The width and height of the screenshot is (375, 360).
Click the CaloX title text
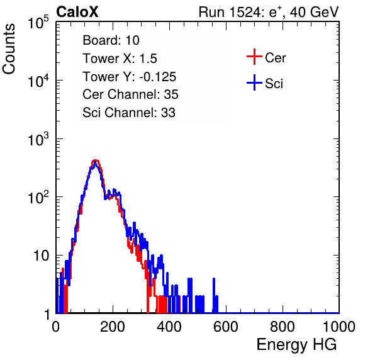pos(77,12)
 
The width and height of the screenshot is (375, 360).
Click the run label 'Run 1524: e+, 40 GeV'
pos(269,12)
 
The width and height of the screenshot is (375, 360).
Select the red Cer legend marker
pos(254,57)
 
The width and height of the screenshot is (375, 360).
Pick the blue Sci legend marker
pos(254,83)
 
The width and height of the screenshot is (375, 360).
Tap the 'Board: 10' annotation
pos(111,40)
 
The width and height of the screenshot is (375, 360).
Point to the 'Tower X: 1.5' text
pos(120,59)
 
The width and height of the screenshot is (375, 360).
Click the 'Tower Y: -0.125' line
pos(130,77)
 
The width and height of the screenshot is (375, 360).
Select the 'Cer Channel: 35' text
pos(130,94)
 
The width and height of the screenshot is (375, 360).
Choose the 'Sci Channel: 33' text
pos(129,113)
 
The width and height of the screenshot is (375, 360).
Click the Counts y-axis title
pos(9,49)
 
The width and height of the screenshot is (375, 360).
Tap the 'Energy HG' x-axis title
pos(296,345)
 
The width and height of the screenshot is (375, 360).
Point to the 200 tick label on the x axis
pos(113,327)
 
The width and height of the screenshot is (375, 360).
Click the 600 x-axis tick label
pos(226,327)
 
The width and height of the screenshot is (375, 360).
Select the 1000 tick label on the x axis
pos(339,327)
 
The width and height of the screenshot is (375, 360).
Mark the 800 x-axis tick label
pos(283,327)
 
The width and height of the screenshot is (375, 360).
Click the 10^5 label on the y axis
pos(38,22)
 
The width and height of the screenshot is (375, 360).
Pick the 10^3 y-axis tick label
pos(38,139)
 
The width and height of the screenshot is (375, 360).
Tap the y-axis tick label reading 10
pos(41,256)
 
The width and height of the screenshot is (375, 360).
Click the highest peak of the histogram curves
pos(95,160)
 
